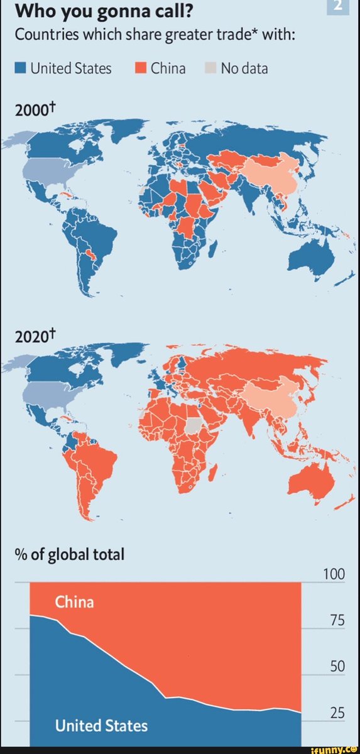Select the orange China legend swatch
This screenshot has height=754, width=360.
(x=141, y=68)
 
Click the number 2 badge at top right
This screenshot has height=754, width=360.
(x=339, y=6)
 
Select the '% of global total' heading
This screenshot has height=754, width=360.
(x=71, y=555)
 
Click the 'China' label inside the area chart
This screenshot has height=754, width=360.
(x=74, y=603)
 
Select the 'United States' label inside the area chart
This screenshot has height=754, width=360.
(x=101, y=726)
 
